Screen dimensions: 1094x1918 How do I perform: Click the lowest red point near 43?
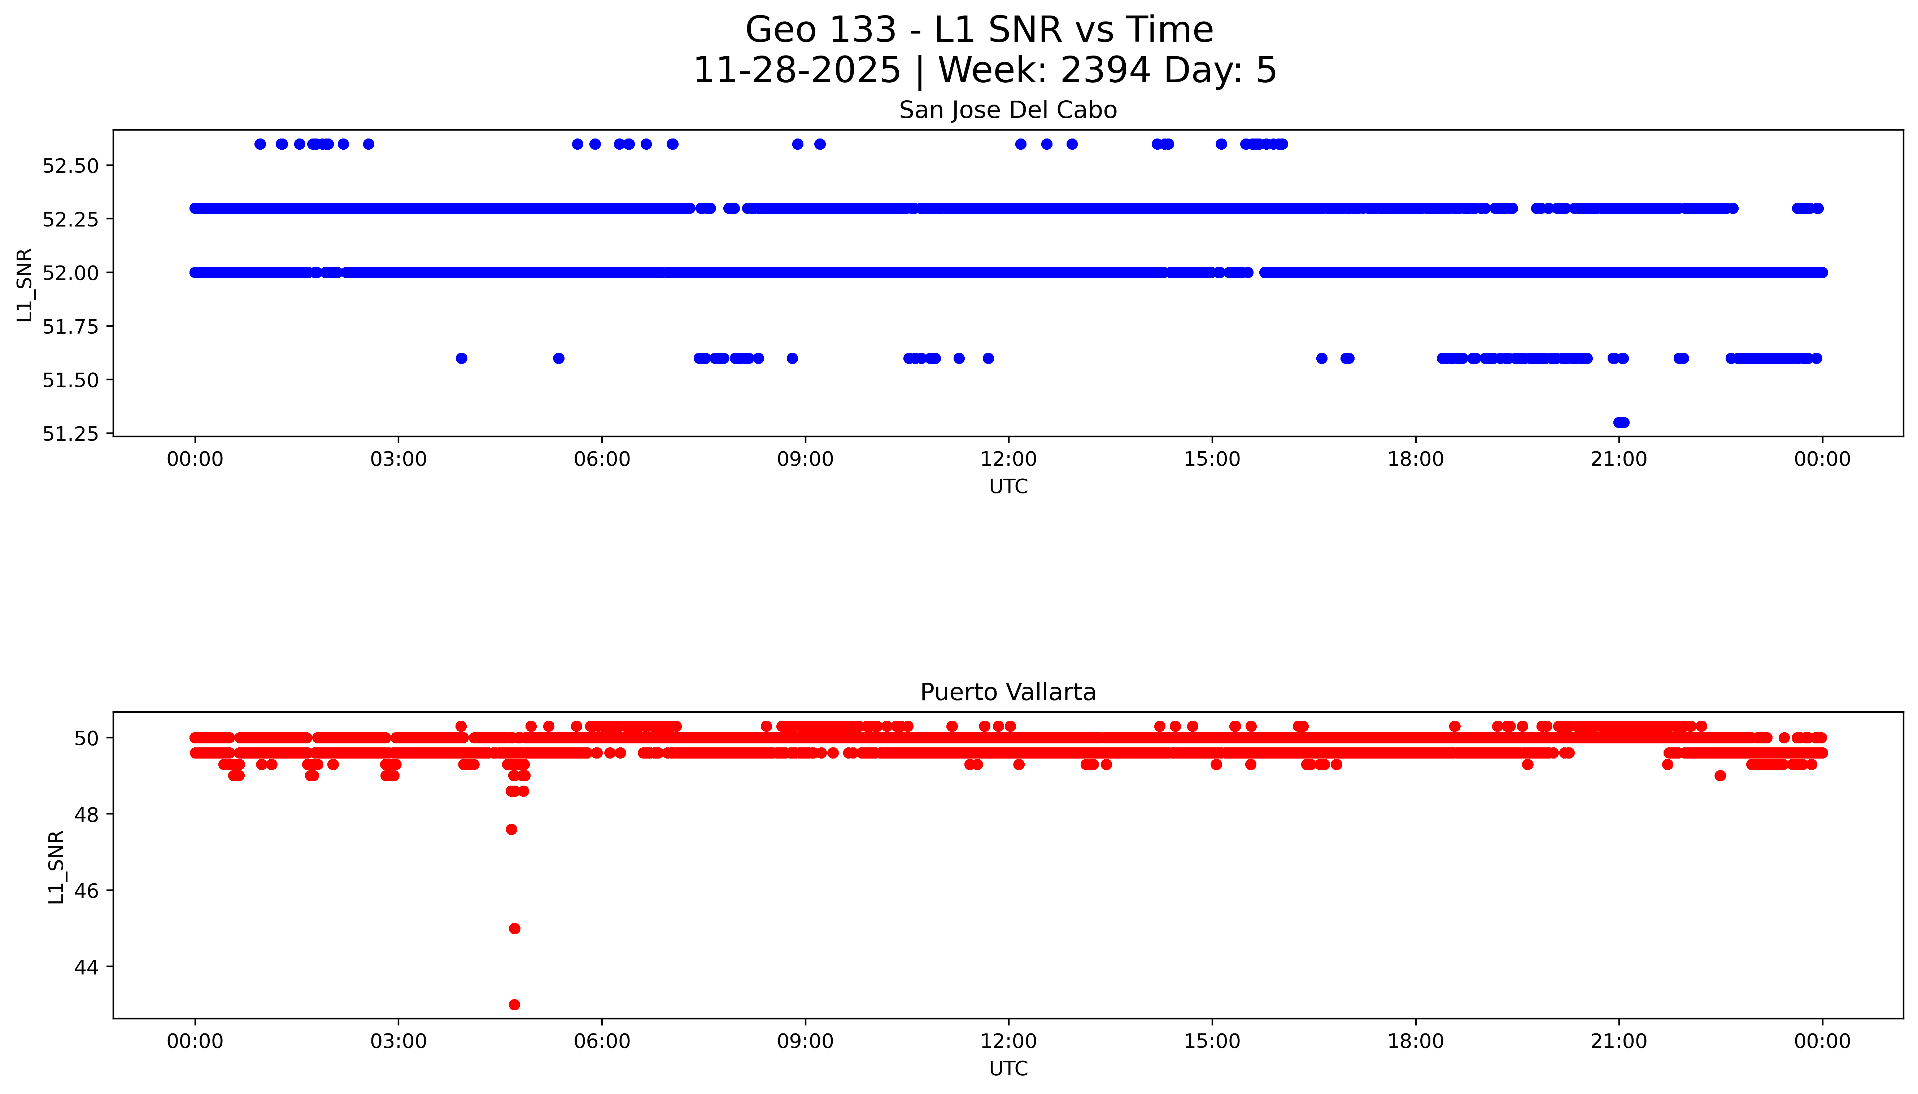coord(514,1005)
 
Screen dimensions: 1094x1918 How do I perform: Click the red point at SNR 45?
coord(514,929)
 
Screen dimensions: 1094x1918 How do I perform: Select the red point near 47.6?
coord(511,830)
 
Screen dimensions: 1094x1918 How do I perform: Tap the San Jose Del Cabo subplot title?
coord(1007,110)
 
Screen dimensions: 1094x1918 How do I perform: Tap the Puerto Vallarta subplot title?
coord(1007,692)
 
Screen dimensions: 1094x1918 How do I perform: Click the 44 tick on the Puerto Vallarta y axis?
coord(87,967)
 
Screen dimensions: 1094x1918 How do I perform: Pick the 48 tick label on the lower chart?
coord(87,814)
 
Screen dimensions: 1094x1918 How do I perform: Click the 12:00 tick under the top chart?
coord(1008,459)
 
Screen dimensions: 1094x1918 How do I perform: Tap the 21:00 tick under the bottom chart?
coord(1619,1041)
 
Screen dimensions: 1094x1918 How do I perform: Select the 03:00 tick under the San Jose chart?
coord(398,459)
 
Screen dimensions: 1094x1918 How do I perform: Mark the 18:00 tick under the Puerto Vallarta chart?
coord(1415,1041)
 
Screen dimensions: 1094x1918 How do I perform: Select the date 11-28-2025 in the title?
coord(796,71)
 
